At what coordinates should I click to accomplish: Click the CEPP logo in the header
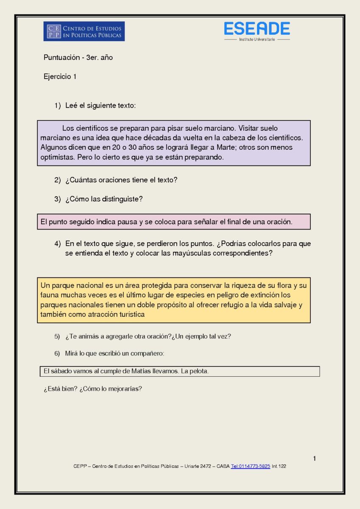click(x=84, y=31)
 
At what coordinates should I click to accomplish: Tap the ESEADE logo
click(x=257, y=31)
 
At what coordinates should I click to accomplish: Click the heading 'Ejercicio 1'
click(x=60, y=77)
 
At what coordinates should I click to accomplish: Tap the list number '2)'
click(x=58, y=180)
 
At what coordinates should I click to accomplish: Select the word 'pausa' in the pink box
click(x=128, y=221)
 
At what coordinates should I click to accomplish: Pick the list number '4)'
click(x=58, y=244)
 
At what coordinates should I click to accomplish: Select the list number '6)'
click(x=57, y=353)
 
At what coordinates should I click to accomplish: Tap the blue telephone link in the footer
click(x=251, y=466)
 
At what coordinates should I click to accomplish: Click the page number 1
click(x=314, y=459)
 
